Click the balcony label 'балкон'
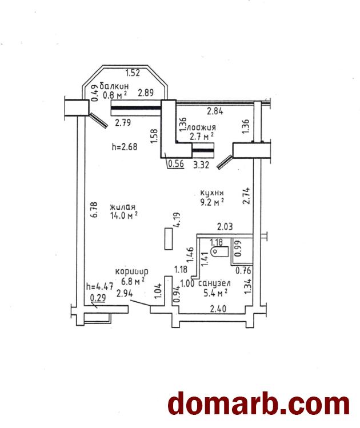point(114,86)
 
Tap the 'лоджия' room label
point(202,127)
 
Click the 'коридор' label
point(131,272)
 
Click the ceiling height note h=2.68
point(125,147)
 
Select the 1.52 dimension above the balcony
point(133,73)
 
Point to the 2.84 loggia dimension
point(215,111)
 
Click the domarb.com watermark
point(258,403)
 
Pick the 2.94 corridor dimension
point(124,294)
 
